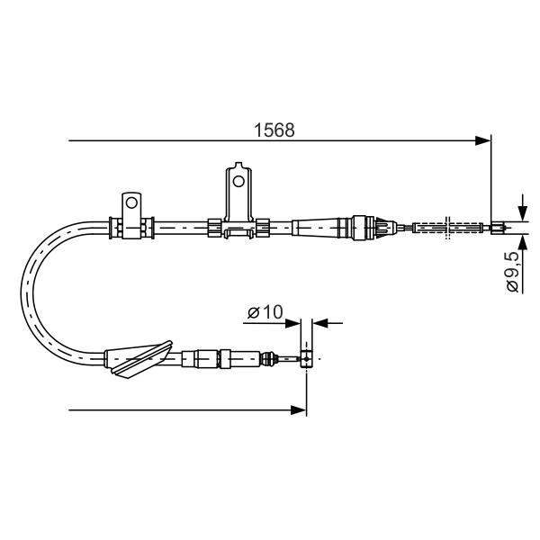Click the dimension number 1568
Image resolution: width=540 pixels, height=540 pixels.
[274, 130]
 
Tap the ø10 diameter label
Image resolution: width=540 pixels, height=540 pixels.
[265, 312]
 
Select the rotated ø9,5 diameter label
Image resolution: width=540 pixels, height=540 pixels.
[512, 272]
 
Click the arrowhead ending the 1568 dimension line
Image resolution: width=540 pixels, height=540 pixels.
[482, 140]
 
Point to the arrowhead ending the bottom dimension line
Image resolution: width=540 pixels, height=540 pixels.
[298, 410]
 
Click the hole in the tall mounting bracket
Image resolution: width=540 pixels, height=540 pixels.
[238, 181]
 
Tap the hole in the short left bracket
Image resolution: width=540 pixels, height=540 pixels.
[131, 202]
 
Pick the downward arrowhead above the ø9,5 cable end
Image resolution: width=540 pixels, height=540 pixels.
[523, 213]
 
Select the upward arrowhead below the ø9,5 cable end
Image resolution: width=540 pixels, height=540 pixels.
[523, 242]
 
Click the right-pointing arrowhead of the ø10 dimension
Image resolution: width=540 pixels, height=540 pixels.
[293, 323]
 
